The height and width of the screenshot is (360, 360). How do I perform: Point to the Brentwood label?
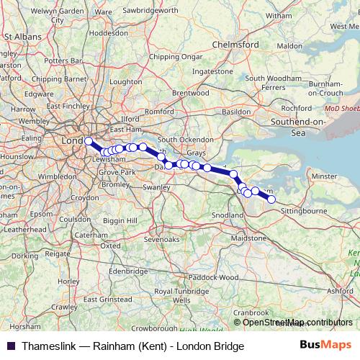click(x=190, y=93)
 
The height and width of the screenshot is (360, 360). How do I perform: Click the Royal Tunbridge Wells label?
click(x=180, y=295)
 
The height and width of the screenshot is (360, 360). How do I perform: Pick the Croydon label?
click(x=84, y=197)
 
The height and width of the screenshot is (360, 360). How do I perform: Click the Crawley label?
click(x=64, y=307)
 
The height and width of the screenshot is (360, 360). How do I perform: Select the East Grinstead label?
click(x=106, y=298)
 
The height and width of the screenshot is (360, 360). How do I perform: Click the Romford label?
click(x=160, y=112)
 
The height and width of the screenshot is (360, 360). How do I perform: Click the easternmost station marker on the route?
click(x=271, y=199)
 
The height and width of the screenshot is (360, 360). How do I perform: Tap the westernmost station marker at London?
click(x=89, y=141)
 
